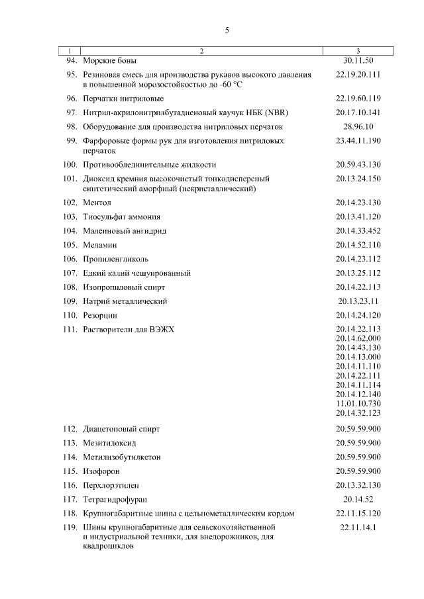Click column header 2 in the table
coord(201,51)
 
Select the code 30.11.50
coord(358,60)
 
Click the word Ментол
coord(97,202)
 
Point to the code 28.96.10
coord(358,126)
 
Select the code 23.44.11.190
coord(358,141)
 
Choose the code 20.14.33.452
coord(358,231)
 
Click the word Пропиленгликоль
coord(116,259)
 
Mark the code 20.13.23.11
coord(358,301)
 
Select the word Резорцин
coord(100,316)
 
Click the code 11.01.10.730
coord(358,403)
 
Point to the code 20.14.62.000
coord(358,338)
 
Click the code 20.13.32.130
coord(358,485)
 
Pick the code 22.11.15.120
coord(358,513)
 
